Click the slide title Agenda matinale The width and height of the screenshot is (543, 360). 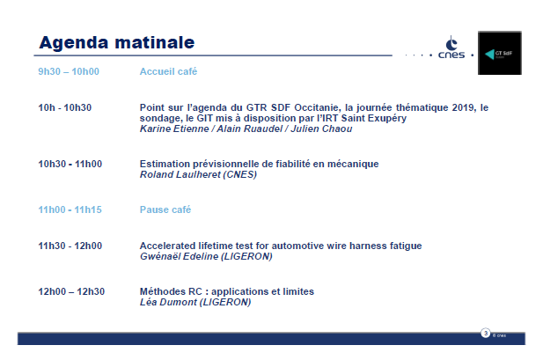pyautogui.click(x=116, y=41)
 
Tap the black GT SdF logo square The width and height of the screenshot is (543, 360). pyautogui.click(x=498, y=53)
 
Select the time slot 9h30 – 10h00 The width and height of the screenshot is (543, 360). pyautogui.click(x=68, y=71)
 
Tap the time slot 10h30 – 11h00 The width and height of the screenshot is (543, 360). pyautogui.click(x=70, y=164)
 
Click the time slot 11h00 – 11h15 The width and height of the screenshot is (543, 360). pyautogui.click(x=70, y=209)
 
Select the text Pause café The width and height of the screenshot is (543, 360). pyautogui.click(x=165, y=209)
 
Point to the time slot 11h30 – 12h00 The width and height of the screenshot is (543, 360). pyautogui.click(x=70, y=246)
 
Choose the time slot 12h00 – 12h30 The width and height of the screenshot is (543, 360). pyautogui.click(x=70, y=291)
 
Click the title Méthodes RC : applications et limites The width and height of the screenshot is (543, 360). pyautogui.click(x=226, y=291)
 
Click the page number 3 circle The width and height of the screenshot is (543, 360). pyautogui.click(x=485, y=334)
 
